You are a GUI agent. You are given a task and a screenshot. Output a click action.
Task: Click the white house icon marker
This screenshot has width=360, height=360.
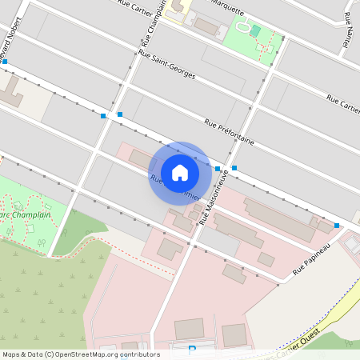click(x=180, y=173)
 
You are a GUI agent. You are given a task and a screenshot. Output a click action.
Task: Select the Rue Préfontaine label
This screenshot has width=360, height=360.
click(x=230, y=132)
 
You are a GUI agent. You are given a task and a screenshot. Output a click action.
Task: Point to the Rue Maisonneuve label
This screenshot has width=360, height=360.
click(x=214, y=195)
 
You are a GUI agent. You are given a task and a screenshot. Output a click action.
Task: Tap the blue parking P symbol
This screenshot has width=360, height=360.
click(x=191, y=350)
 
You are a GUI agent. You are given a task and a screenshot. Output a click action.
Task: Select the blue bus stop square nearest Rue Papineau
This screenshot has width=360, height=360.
click(x=337, y=226)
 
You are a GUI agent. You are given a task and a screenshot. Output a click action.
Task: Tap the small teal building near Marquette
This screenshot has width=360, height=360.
click(x=255, y=30)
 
